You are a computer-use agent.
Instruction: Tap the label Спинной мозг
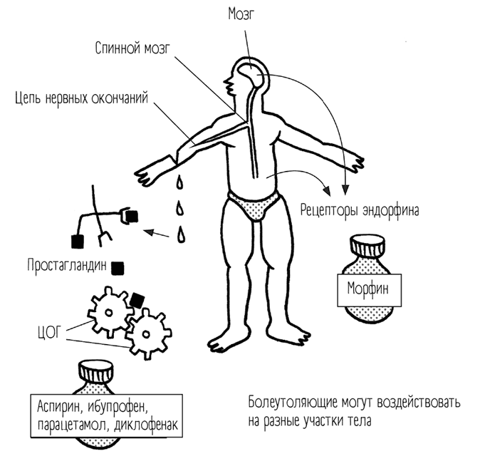(x=133, y=49)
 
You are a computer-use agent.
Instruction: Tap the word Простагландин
(x=68, y=266)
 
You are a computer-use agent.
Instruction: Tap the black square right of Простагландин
(x=119, y=267)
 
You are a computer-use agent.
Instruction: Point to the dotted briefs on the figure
(x=256, y=207)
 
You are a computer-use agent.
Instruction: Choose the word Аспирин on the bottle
(x=61, y=409)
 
